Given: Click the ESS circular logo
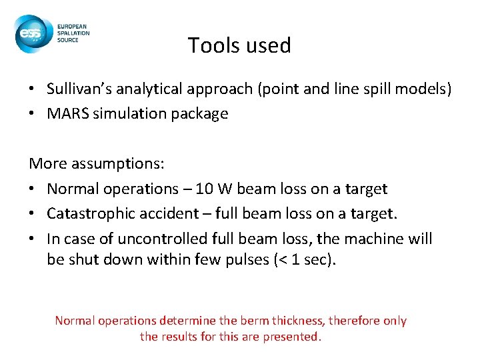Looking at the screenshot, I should (x=33, y=34).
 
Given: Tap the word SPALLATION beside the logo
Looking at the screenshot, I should (x=75, y=33).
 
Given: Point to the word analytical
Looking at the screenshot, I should (x=151, y=89).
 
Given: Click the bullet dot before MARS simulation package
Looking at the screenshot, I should (x=33, y=113).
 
